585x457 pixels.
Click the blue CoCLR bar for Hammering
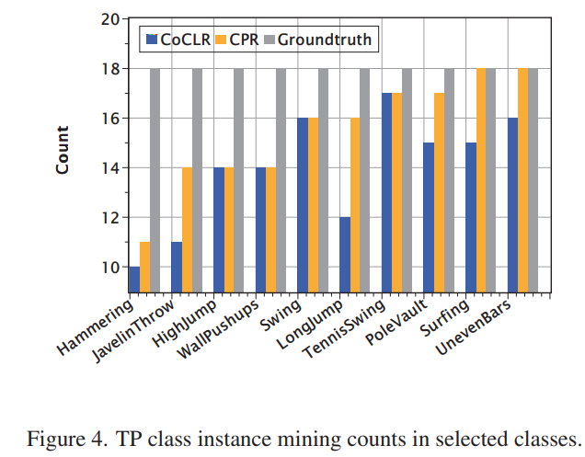(134, 280)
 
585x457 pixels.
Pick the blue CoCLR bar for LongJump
(345, 255)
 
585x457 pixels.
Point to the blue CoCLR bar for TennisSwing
(387, 192)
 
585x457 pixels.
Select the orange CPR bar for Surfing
(482, 180)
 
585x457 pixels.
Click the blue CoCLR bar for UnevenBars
(513, 205)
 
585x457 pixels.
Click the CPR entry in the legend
(238, 40)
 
